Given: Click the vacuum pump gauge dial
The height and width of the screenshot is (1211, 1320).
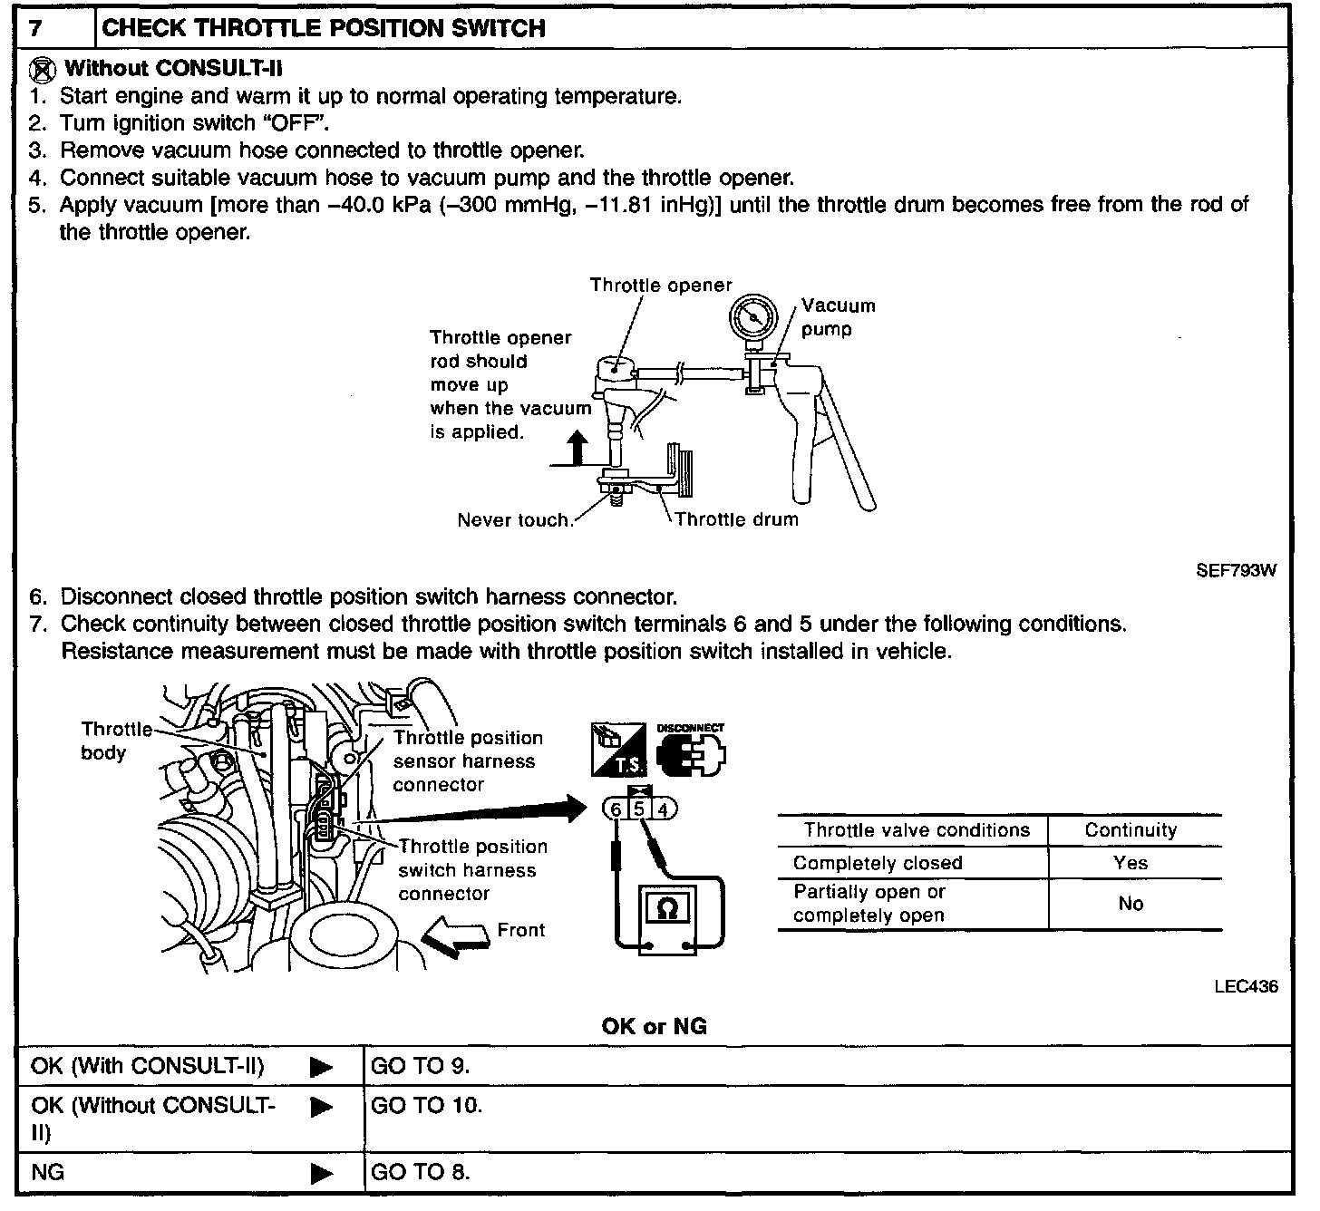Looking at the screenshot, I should [753, 318].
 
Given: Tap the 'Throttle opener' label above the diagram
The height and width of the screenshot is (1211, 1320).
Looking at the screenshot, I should [660, 286].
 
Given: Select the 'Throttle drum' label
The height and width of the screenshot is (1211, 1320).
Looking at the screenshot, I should [736, 519].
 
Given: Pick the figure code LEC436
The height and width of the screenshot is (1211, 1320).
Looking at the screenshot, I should [1246, 986].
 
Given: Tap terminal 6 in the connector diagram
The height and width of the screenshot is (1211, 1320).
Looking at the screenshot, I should [616, 809].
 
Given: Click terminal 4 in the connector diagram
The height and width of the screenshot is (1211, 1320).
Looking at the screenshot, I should [663, 809].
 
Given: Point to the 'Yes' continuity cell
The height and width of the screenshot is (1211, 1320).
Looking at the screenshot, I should [1131, 863].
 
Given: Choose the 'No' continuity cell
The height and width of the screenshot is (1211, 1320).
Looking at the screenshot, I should [1131, 904].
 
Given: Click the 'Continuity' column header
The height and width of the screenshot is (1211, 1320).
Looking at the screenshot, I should [1131, 830].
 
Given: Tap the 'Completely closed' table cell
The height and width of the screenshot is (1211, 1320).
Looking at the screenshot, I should [877, 863].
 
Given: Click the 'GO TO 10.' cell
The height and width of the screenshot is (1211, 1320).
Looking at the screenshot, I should [426, 1106].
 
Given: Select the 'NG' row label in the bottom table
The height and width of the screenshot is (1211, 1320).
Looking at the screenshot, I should [48, 1172].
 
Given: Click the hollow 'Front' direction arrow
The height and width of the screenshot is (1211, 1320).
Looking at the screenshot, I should [456, 935].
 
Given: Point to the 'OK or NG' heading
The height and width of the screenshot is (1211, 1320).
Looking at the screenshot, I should [654, 1027].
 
